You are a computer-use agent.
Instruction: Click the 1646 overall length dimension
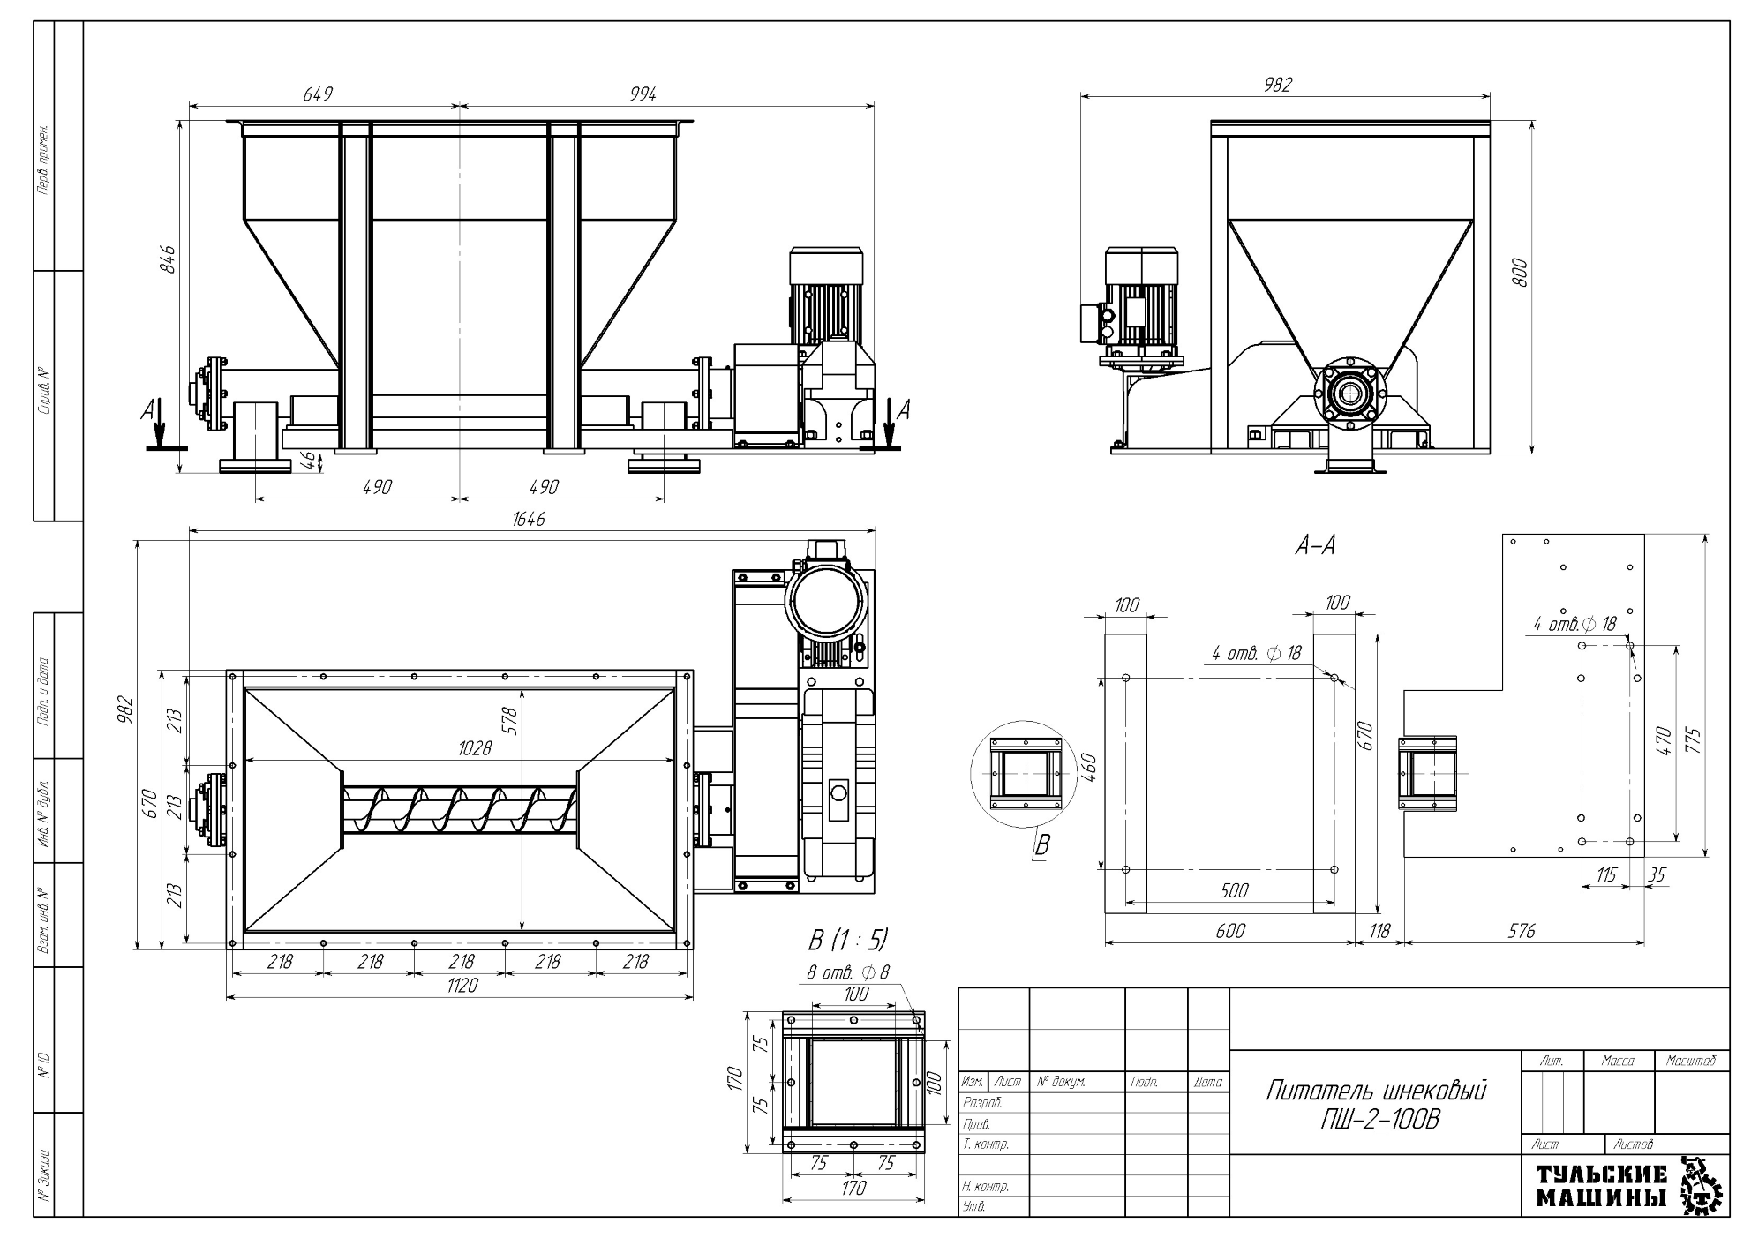(x=529, y=519)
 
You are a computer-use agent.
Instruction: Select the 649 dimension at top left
(x=318, y=94)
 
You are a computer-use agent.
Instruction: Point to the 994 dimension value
(x=643, y=94)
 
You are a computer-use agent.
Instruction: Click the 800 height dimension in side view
(x=1519, y=273)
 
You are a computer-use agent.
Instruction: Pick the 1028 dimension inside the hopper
(x=474, y=748)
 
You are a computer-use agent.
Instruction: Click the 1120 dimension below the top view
(x=462, y=986)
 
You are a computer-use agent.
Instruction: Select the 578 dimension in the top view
(x=509, y=721)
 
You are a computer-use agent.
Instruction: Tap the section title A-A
(x=1315, y=546)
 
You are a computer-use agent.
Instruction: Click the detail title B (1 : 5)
(x=848, y=939)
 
